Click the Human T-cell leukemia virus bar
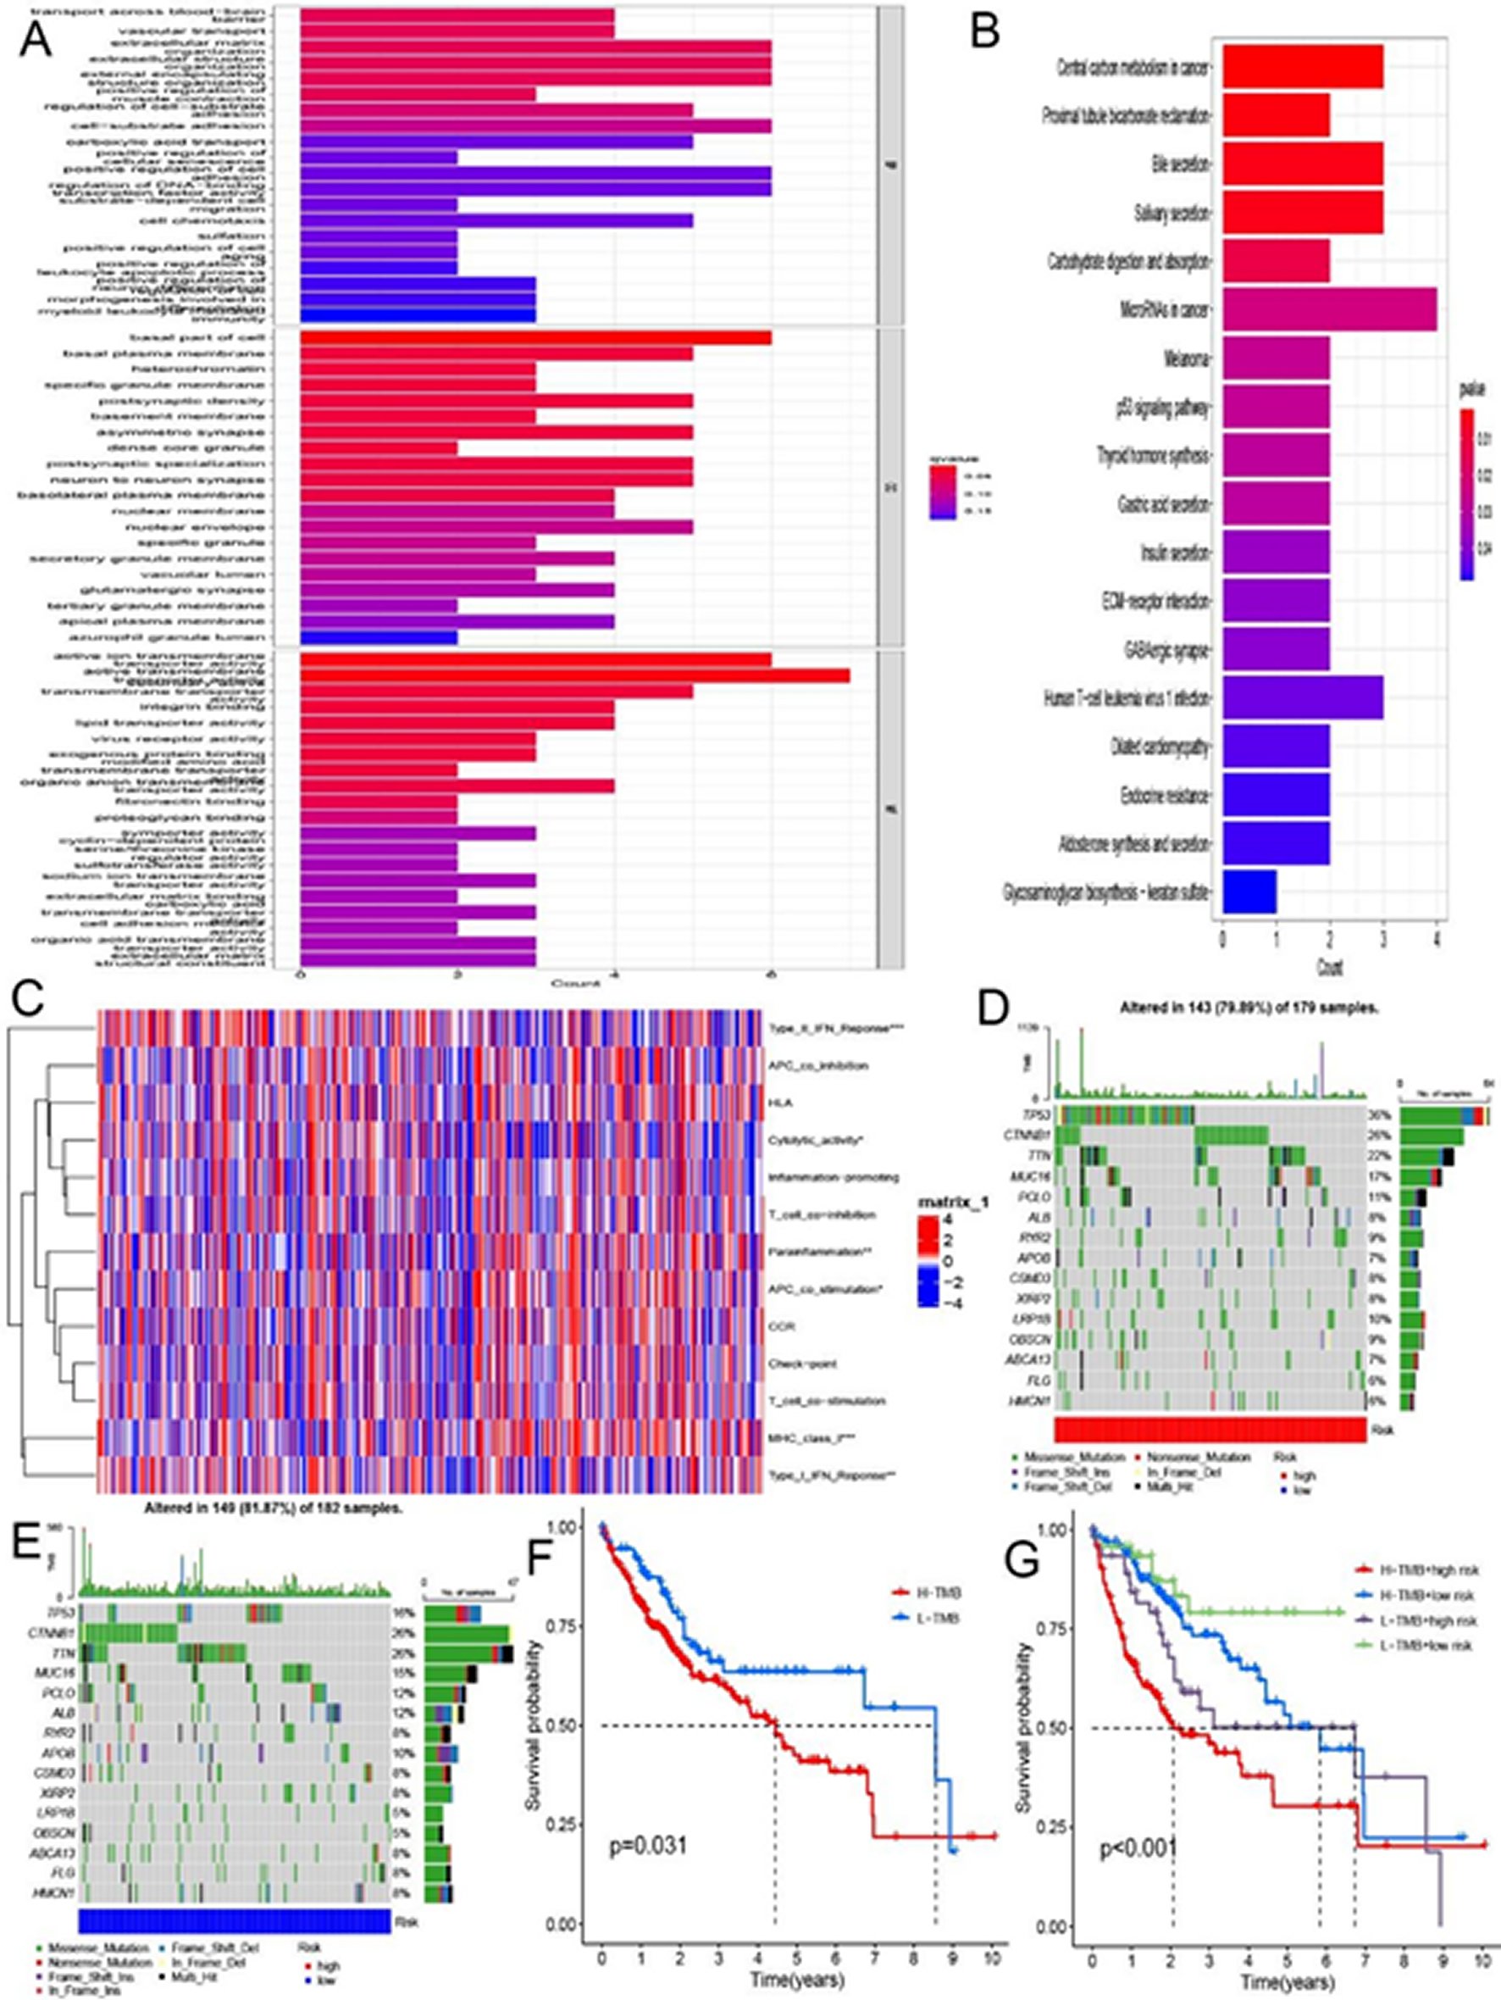[1302, 698]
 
